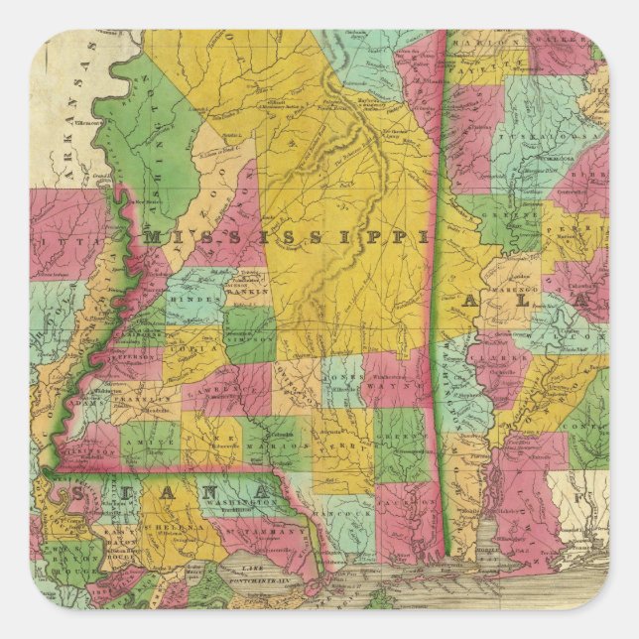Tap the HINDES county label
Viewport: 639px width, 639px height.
(187, 299)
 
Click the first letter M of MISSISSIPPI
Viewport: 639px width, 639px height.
(153, 236)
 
